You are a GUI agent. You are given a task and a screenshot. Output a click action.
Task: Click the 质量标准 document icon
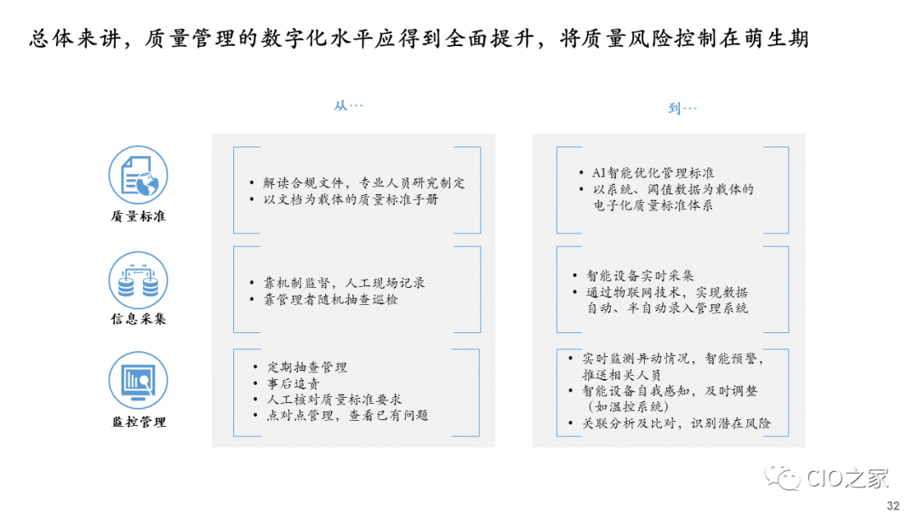[138, 175]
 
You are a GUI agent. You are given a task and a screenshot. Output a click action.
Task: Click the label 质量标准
[138, 216]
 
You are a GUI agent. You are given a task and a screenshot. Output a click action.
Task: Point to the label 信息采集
[138, 319]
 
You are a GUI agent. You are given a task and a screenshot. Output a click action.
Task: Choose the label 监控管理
[138, 422]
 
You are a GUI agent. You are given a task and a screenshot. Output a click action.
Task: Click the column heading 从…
[348, 106]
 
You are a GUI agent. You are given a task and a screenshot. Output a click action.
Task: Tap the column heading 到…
[682, 108]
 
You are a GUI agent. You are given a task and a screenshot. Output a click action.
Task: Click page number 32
[893, 505]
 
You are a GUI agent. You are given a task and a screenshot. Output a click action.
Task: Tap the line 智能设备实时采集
[640, 276]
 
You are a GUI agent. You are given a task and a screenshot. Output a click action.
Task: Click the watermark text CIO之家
[847, 479]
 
